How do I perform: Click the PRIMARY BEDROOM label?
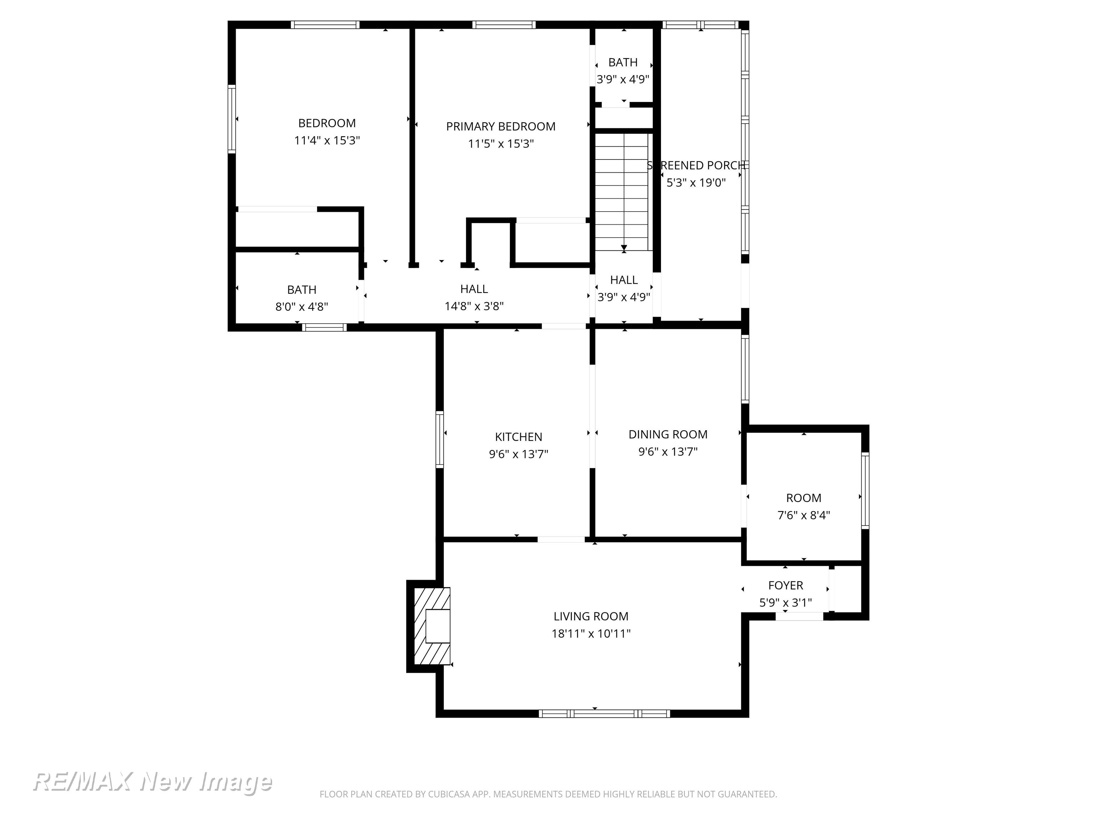pos(500,126)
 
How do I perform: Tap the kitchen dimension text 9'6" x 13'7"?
pos(518,454)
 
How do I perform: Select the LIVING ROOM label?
pos(591,616)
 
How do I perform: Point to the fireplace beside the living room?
pos(430,626)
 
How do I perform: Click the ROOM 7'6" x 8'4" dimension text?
pos(803,515)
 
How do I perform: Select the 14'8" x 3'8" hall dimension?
pos(474,306)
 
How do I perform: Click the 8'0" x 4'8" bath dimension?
pos(301,307)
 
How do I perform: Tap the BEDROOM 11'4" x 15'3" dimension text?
pos(327,140)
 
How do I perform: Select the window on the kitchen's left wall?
pos(439,439)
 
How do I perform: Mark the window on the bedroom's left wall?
pos(232,119)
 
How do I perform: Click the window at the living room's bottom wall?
pos(605,714)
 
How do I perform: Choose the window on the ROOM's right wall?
pos(865,491)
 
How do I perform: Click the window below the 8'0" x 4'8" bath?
pos(324,327)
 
